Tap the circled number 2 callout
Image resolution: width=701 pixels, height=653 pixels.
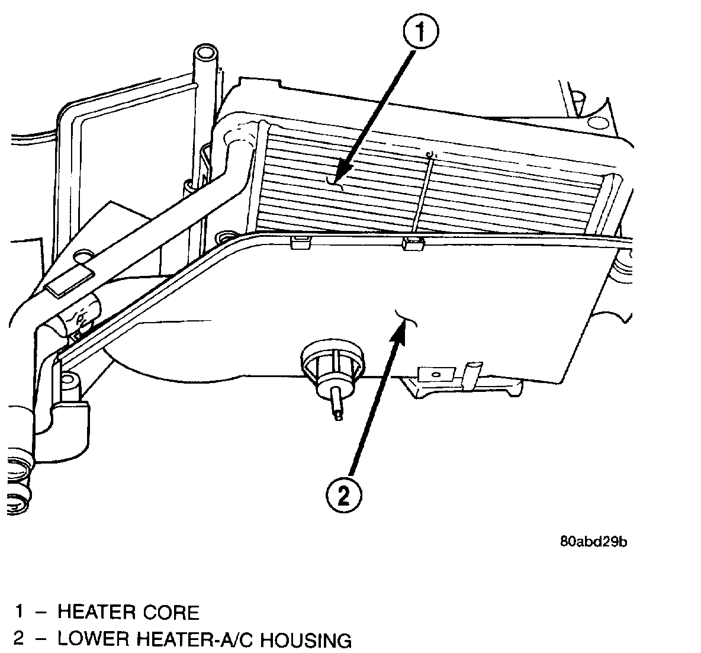click(x=343, y=495)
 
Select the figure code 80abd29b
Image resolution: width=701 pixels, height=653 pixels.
click(x=593, y=542)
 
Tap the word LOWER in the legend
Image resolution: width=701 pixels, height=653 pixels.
click(x=94, y=640)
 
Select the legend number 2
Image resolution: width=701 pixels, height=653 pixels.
click(x=20, y=640)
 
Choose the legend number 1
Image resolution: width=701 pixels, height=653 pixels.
click(x=20, y=612)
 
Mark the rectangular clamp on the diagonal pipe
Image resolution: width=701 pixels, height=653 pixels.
click(x=70, y=282)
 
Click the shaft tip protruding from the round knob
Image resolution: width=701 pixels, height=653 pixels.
click(x=337, y=414)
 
